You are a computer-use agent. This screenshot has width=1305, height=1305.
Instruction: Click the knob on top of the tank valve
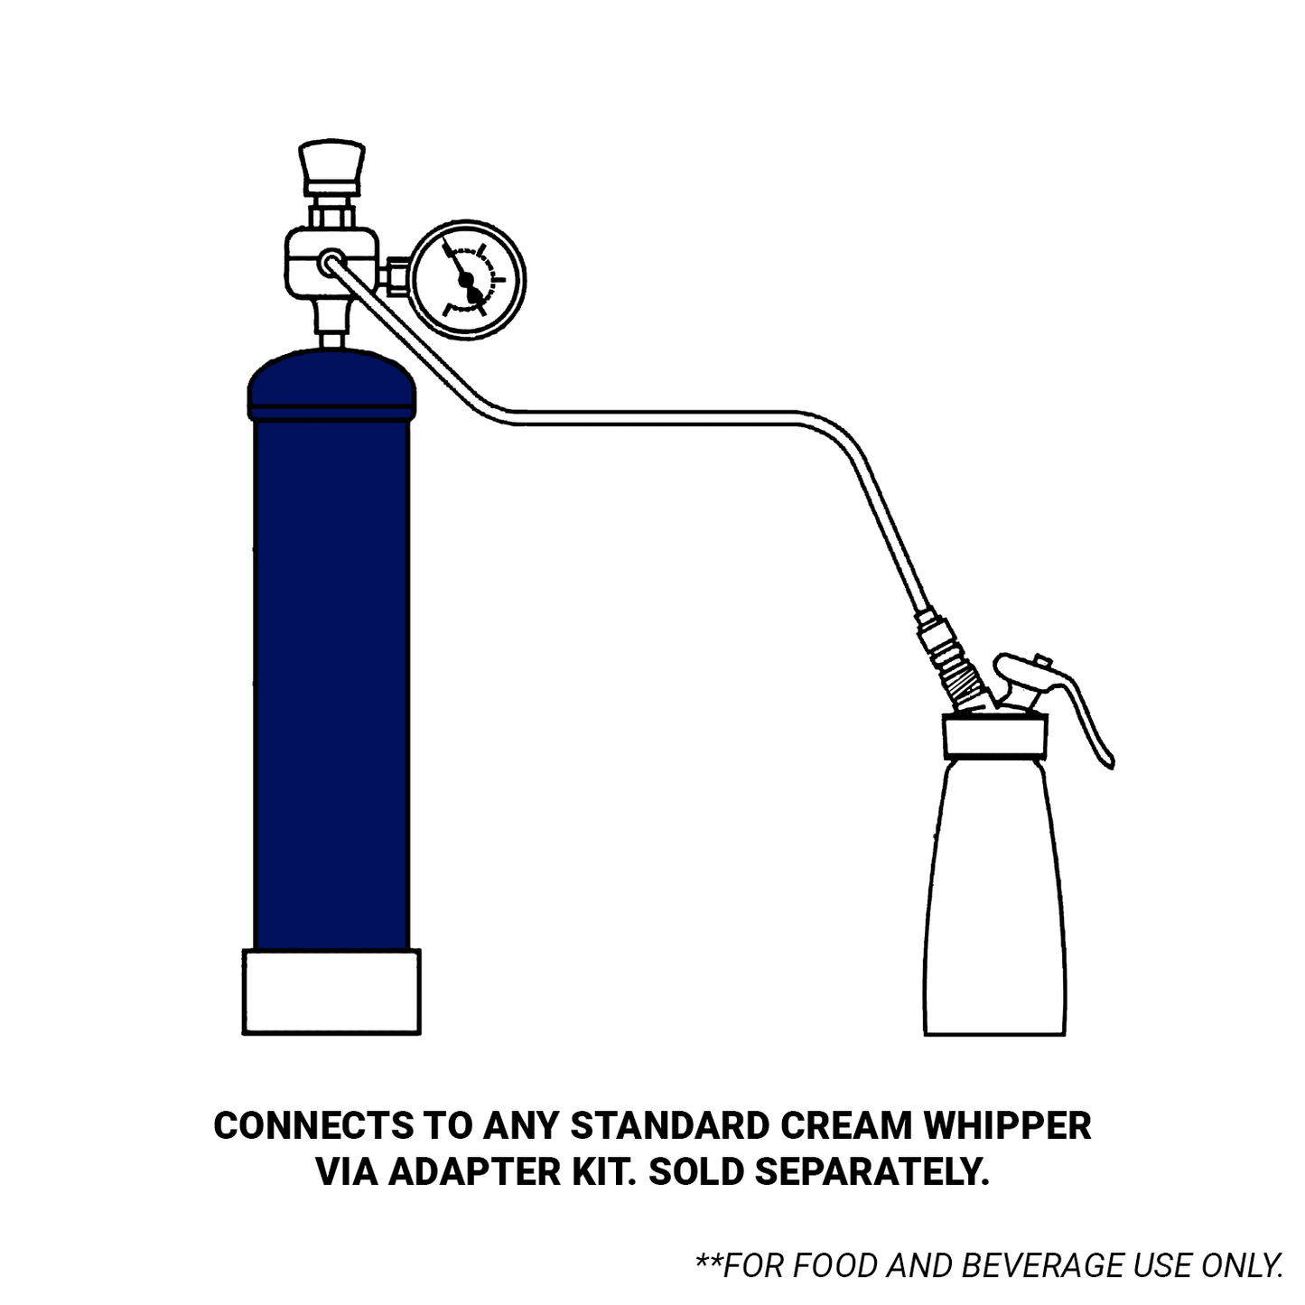[x=331, y=166]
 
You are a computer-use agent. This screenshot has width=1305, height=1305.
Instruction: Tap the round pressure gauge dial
[x=468, y=279]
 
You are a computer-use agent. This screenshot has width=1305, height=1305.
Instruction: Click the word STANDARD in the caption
[x=670, y=1125]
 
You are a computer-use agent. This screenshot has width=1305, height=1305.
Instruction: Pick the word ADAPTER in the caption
[x=475, y=1172]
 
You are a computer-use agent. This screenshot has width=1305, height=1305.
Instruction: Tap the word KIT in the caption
[x=605, y=1172]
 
